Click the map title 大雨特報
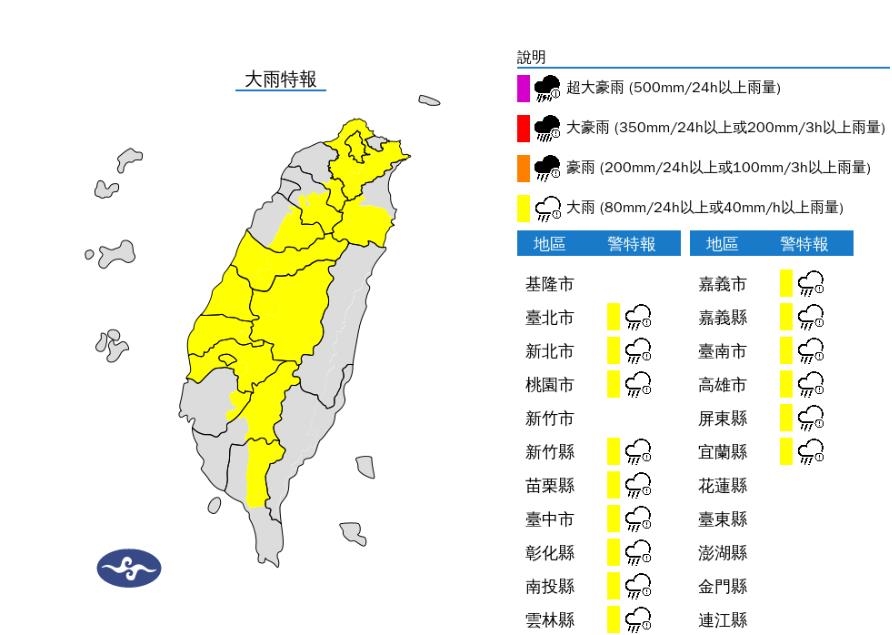click(281, 80)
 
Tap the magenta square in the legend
click(523, 88)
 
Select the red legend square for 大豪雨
click(523, 128)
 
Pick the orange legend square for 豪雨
click(523, 168)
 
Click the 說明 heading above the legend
click(531, 57)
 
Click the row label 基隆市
click(549, 285)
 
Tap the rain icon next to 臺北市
click(637, 318)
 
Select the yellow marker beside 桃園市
click(613, 385)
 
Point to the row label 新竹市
click(549, 419)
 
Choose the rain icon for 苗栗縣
click(637, 486)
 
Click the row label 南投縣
click(549, 587)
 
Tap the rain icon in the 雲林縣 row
click(637, 620)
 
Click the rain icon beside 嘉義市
click(811, 285)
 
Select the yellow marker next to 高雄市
click(786, 385)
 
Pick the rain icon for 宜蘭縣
click(811, 452)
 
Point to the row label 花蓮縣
click(722, 486)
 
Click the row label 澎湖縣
click(722, 553)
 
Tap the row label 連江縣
click(722, 620)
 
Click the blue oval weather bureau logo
click(128, 568)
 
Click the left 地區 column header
click(549, 244)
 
